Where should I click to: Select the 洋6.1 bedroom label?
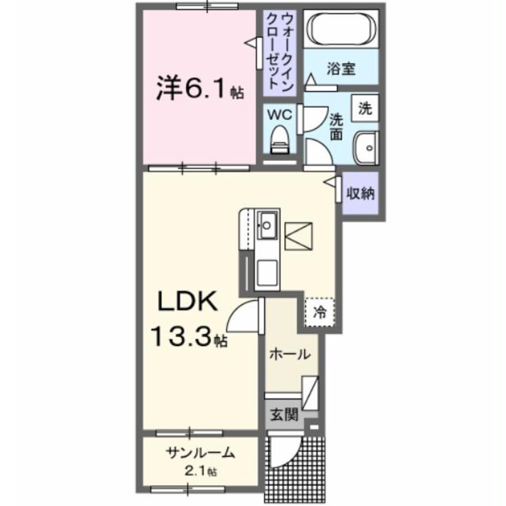193,90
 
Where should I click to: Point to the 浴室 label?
341,69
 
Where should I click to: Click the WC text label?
279,113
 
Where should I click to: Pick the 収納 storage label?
361,194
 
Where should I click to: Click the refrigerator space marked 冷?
320,311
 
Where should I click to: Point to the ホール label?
290,353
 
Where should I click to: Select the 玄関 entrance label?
283,414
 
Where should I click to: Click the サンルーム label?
200,453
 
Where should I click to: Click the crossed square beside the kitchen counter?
297,234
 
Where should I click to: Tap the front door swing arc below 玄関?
284,452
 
